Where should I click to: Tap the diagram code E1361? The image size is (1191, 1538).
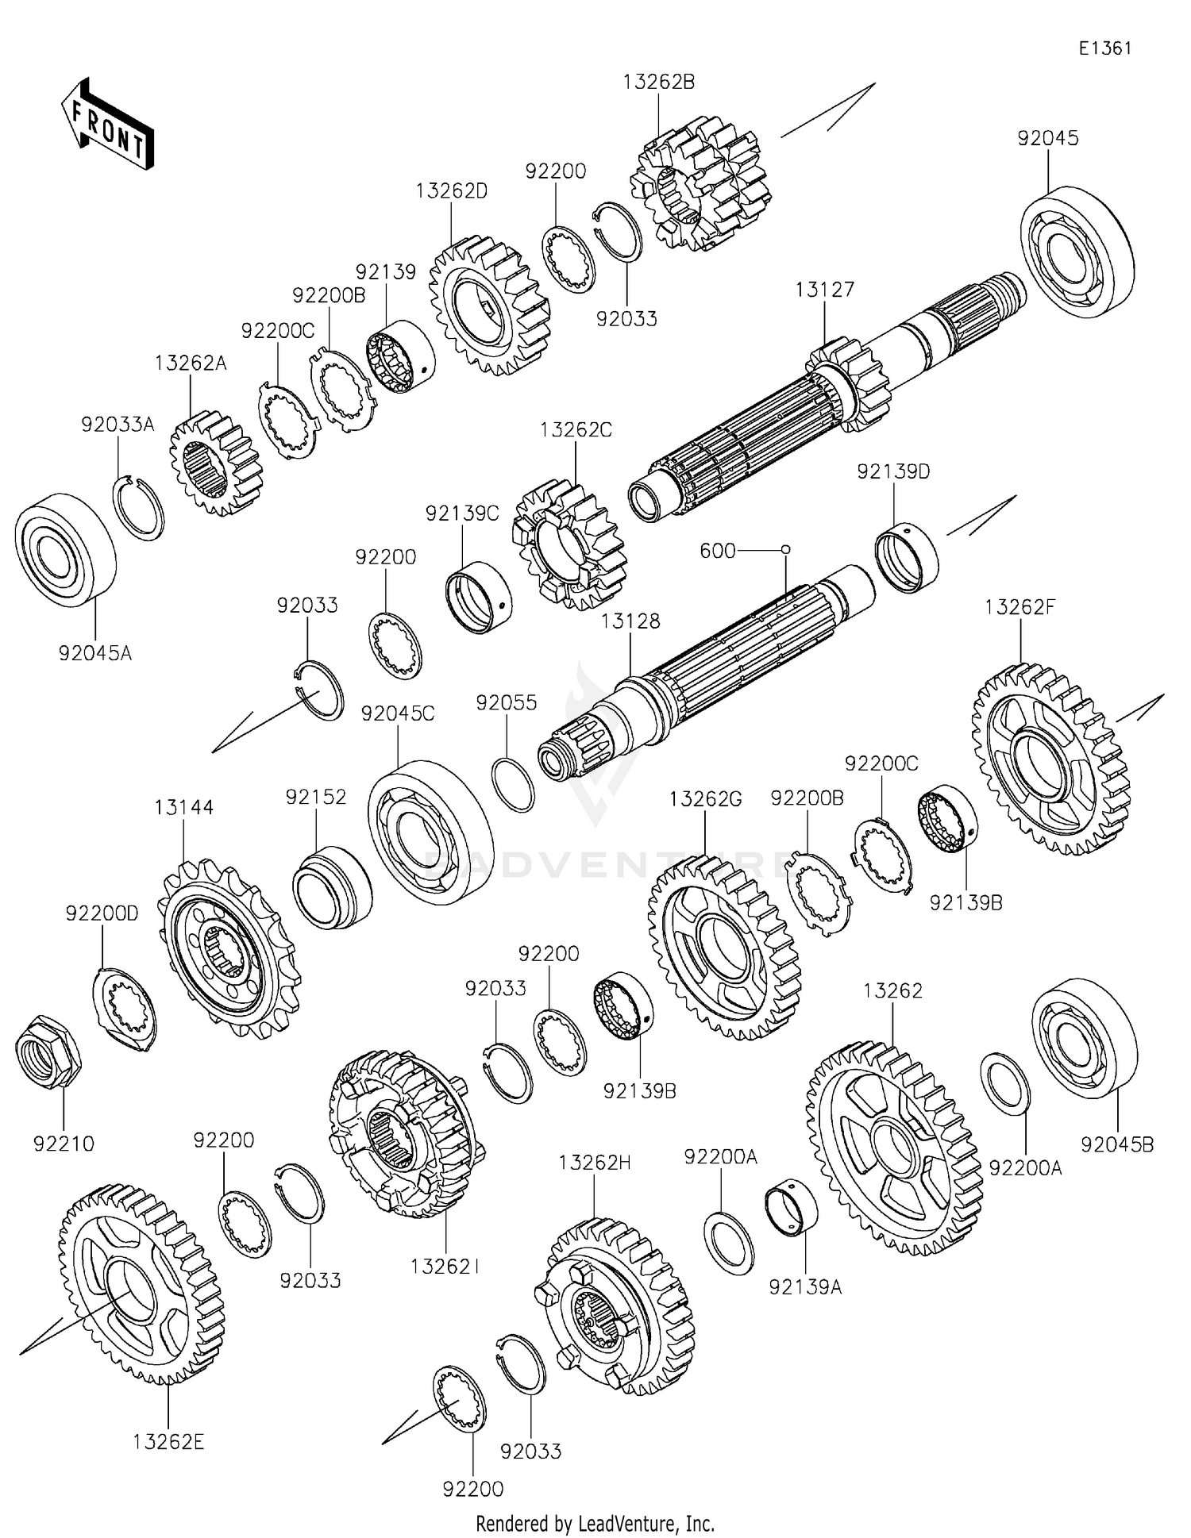pyautogui.click(x=1104, y=48)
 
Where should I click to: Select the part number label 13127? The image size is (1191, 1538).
pyautogui.click(x=825, y=290)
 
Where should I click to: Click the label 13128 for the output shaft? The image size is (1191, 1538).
pyautogui.click(x=630, y=621)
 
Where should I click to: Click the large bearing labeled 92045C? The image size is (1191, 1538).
pyautogui.click(x=430, y=821)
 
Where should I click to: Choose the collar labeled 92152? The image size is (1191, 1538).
pyautogui.click(x=332, y=887)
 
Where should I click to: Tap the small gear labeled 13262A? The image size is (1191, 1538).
pyautogui.click(x=215, y=463)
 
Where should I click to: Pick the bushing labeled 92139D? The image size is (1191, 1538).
pyautogui.click(x=907, y=558)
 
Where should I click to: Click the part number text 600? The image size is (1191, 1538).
pyautogui.click(x=718, y=551)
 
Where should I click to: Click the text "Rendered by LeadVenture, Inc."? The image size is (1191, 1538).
pyautogui.click(x=595, y=1524)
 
